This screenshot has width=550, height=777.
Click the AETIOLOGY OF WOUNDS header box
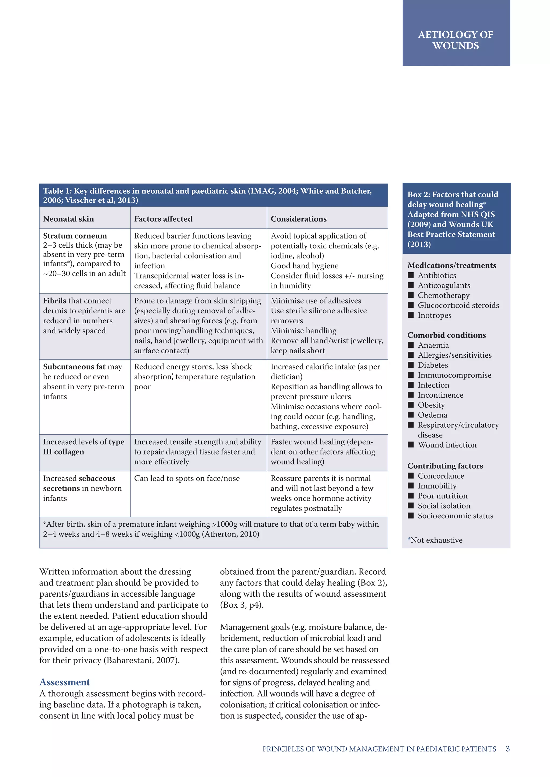pyautogui.click(x=456, y=40)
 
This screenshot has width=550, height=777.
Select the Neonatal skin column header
pyautogui.click(x=68, y=219)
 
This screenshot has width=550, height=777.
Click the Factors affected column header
pyautogui.click(x=163, y=219)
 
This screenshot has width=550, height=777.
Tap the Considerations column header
pyautogui.click(x=298, y=219)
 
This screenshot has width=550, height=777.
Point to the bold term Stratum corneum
pyautogui.click(x=75, y=236)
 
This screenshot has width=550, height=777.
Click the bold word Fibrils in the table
pyautogui.click(x=55, y=301)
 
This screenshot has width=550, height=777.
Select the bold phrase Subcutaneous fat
pyautogui.click(x=74, y=367)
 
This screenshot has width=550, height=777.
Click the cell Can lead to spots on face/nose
pyautogui.click(x=187, y=479)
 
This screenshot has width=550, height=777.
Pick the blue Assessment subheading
pyautogui.click(x=65, y=682)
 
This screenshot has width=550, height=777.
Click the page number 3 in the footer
pyautogui.click(x=507, y=749)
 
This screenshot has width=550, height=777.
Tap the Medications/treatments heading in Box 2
pyautogui.click(x=451, y=265)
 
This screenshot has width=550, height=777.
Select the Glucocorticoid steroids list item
pyautogui.click(x=458, y=305)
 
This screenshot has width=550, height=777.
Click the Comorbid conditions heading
pyautogui.click(x=446, y=335)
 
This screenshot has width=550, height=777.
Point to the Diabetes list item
pyautogui.click(x=432, y=365)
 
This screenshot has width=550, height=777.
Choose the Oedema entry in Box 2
pyautogui.click(x=432, y=415)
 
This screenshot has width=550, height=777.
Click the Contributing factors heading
pyautogui.click(x=445, y=466)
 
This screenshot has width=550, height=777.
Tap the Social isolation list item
pyautogui.click(x=444, y=505)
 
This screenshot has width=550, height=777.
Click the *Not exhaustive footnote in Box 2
pyautogui.click(x=435, y=540)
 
